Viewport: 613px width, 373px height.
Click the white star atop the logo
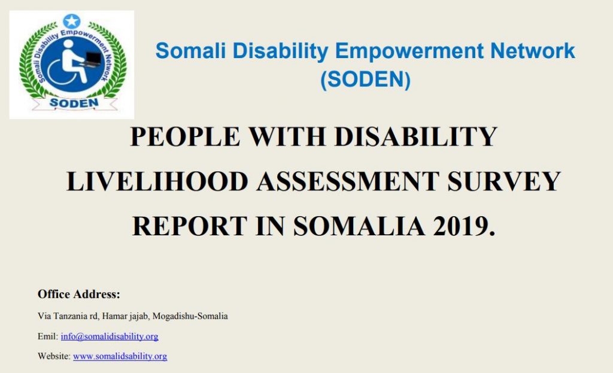click(x=72, y=21)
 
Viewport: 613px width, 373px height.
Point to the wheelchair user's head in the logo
click(x=68, y=44)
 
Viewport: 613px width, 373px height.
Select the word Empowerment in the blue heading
click(x=409, y=51)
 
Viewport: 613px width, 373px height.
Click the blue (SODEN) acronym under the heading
click(x=365, y=80)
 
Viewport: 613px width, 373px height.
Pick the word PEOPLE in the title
click(x=184, y=137)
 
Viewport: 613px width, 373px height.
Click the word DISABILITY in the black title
click(x=416, y=137)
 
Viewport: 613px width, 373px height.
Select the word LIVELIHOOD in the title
click(x=157, y=181)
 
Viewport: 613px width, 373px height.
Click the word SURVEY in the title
click(x=504, y=181)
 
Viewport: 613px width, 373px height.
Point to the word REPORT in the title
click(x=190, y=226)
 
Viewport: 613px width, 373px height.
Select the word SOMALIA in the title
click(x=359, y=226)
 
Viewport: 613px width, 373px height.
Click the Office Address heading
click(x=78, y=294)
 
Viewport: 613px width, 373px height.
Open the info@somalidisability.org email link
click(x=110, y=336)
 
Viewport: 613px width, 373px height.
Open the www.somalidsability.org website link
click(x=120, y=356)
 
